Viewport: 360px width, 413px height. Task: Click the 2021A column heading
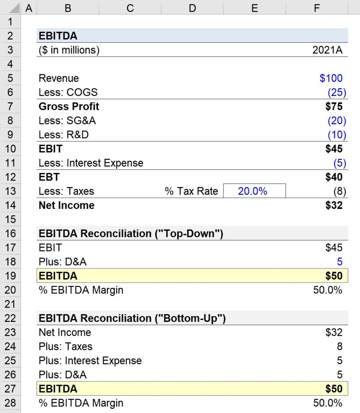(x=327, y=50)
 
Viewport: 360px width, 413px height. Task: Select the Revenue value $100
(x=331, y=78)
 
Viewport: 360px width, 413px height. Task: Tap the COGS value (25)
(x=337, y=92)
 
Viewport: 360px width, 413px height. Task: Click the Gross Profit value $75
(x=334, y=107)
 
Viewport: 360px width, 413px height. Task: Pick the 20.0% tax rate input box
(x=254, y=191)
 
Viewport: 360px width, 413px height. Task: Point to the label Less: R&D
(x=63, y=135)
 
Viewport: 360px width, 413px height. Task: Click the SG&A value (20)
(x=337, y=121)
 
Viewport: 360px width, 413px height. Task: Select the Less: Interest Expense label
(x=91, y=163)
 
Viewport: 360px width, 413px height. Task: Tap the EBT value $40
(x=334, y=177)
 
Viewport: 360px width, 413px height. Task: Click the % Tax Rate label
(x=191, y=191)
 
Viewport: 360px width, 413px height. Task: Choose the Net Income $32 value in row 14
(x=334, y=206)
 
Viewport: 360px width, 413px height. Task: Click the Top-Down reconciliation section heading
(x=131, y=234)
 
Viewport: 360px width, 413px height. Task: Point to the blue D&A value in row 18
(x=339, y=262)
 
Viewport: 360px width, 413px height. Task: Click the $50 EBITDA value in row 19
(x=334, y=276)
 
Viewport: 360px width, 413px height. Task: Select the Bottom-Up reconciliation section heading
(x=132, y=318)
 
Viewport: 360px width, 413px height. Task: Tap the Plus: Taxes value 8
(x=339, y=347)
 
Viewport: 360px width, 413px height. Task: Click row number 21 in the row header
(x=10, y=304)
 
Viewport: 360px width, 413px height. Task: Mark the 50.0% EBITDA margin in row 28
(x=327, y=403)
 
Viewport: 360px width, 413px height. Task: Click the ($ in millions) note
(x=69, y=50)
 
